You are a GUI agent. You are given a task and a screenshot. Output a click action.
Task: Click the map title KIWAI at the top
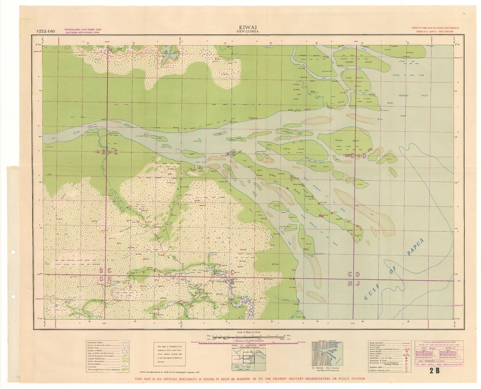pyautogui.click(x=246, y=28)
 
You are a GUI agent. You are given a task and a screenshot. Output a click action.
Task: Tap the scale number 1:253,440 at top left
pyautogui.click(x=45, y=31)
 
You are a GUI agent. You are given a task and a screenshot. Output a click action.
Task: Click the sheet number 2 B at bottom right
pyautogui.click(x=434, y=370)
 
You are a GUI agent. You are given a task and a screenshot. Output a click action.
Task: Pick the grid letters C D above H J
pyautogui.click(x=354, y=274)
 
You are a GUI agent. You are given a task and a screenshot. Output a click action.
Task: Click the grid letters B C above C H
pyautogui.click(x=105, y=271)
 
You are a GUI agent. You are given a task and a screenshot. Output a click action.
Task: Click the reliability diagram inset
pyautogui.click(x=327, y=354)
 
